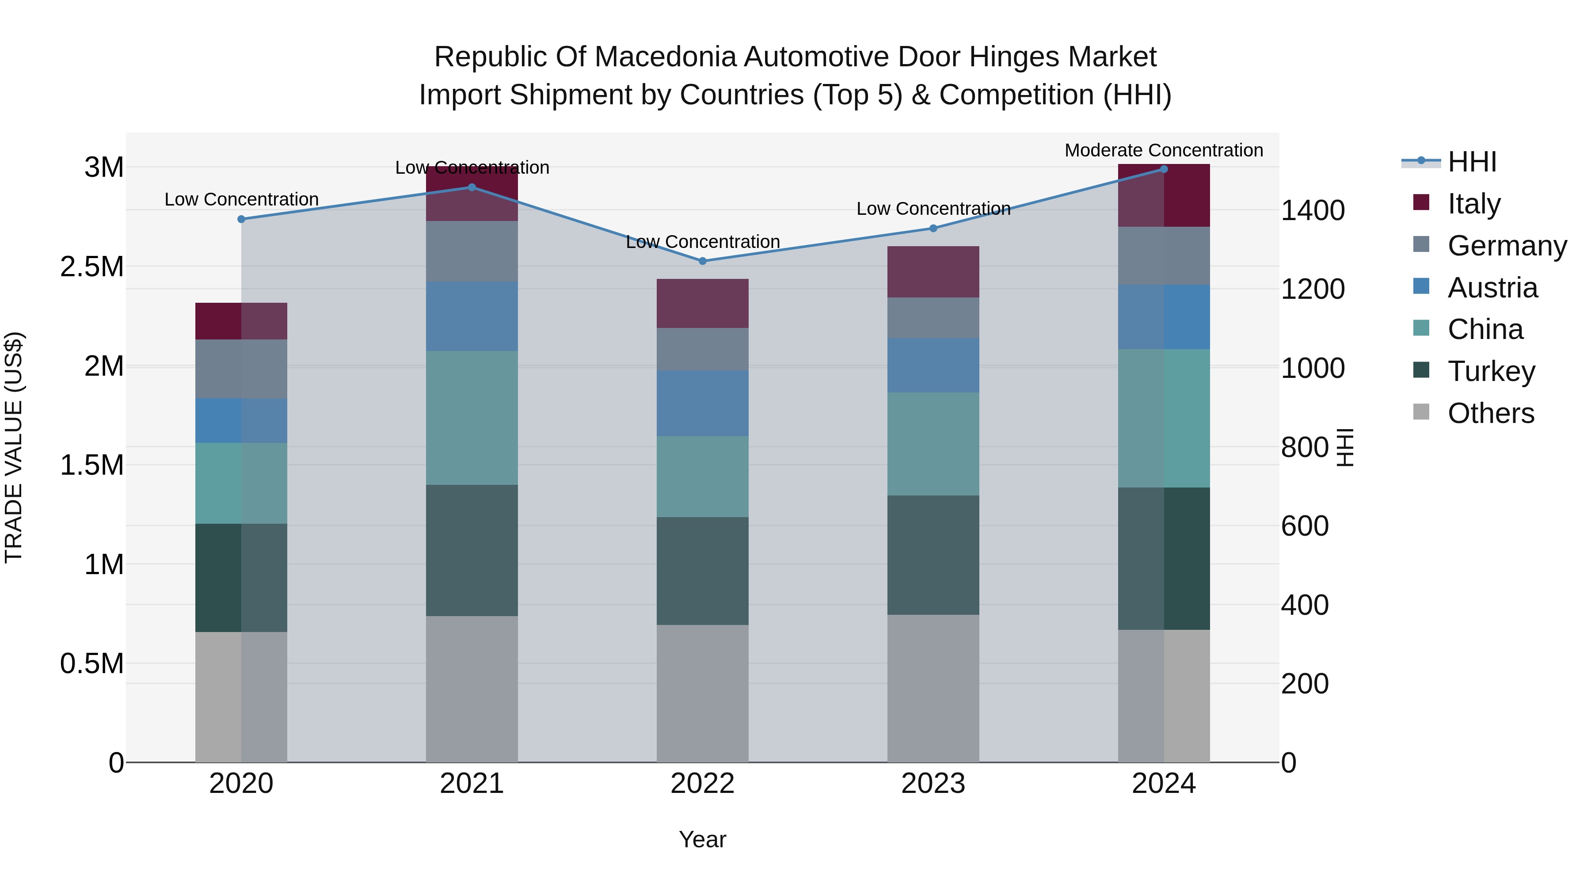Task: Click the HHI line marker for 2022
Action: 702,261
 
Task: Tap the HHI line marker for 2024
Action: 1164,169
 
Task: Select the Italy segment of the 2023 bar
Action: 933,272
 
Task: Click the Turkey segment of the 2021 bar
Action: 472,550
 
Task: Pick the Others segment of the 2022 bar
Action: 702,693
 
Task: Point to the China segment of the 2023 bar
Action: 933,443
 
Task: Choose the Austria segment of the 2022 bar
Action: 702,404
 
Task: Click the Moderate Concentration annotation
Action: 1164,150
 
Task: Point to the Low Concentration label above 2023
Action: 933,209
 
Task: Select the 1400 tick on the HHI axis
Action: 1313,210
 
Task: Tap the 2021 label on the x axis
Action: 472,783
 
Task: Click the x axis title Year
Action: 702,839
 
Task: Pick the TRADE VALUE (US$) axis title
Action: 14,447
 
